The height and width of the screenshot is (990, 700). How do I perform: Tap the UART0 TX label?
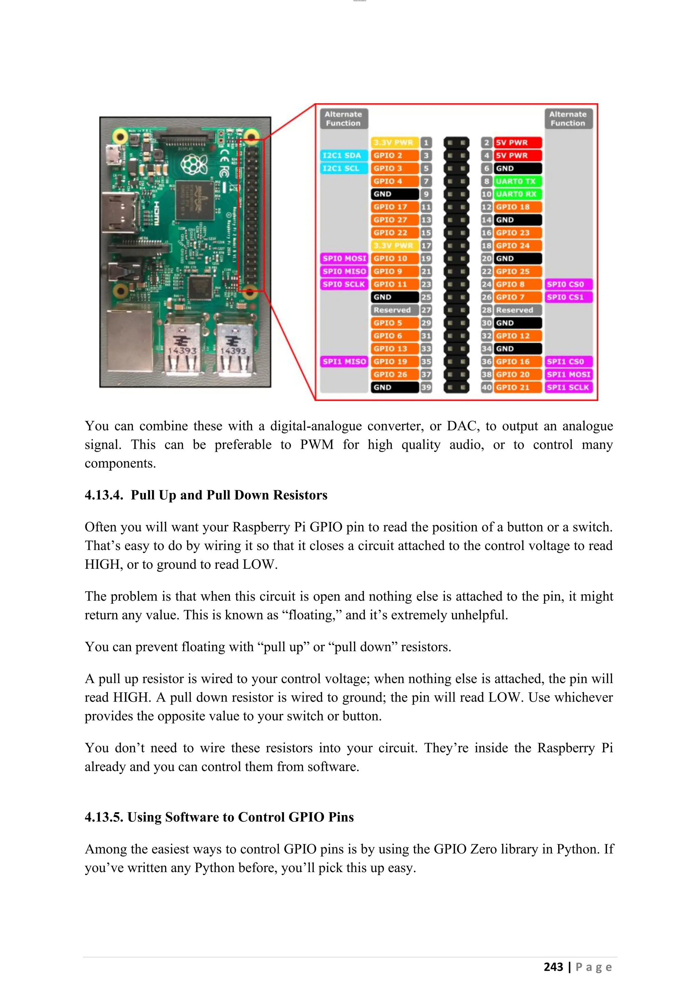pyautogui.click(x=517, y=181)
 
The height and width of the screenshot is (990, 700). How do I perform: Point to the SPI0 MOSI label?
pyautogui.click(x=344, y=258)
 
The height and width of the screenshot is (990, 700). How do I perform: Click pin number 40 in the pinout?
pyautogui.click(x=486, y=387)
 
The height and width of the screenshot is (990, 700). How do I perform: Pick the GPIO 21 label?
pyautogui.click(x=517, y=387)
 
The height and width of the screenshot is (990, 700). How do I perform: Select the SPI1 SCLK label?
pyautogui.click(x=568, y=387)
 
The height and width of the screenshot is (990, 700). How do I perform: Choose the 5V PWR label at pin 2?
pyautogui.click(x=517, y=142)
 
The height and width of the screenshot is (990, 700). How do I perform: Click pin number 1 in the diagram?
pyautogui.click(x=426, y=142)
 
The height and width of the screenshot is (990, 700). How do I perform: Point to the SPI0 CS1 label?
pyautogui.click(x=568, y=297)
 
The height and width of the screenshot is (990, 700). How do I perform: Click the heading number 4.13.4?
pyautogui.click(x=104, y=495)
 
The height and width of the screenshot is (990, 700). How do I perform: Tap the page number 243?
pyautogui.click(x=553, y=967)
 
